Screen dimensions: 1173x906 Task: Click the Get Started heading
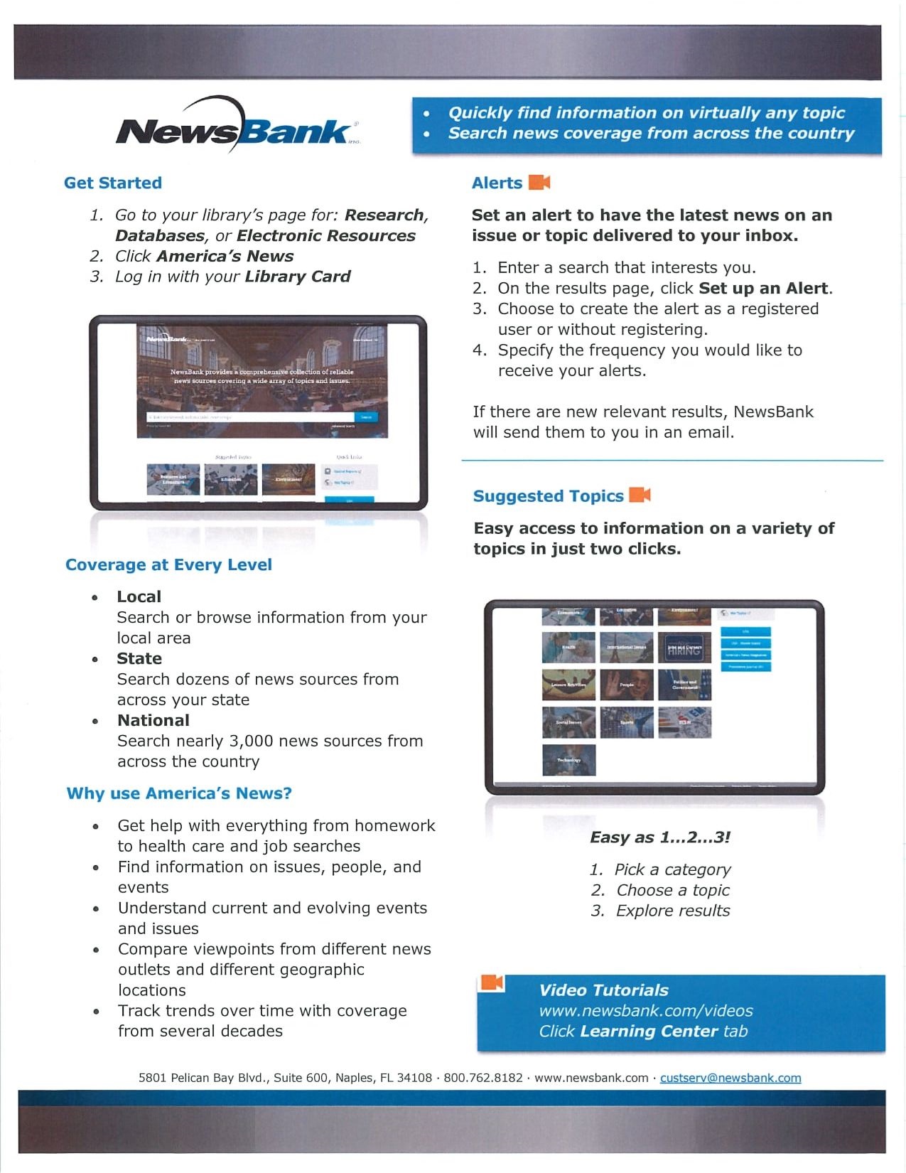(113, 183)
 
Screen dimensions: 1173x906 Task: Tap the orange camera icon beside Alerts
(539, 183)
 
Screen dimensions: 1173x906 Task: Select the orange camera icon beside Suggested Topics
(640, 495)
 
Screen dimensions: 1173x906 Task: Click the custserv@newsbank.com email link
(730, 1078)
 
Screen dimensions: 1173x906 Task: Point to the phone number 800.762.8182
(483, 1078)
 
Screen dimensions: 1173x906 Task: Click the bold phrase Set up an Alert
(763, 288)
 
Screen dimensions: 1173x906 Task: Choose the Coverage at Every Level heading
(168, 564)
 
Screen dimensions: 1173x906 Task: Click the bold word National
(153, 720)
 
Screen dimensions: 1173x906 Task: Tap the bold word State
(139, 658)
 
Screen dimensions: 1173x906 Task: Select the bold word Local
(139, 596)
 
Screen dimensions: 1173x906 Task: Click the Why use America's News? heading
(179, 793)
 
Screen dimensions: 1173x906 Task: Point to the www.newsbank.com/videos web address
(645, 1010)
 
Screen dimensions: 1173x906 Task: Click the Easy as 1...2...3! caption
(659, 837)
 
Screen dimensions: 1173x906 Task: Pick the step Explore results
(672, 911)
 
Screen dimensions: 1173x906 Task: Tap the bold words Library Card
(298, 276)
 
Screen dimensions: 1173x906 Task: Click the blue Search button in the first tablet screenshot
(366, 417)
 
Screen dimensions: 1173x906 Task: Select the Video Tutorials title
(603, 990)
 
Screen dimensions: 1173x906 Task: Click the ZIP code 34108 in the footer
(414, 1078)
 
